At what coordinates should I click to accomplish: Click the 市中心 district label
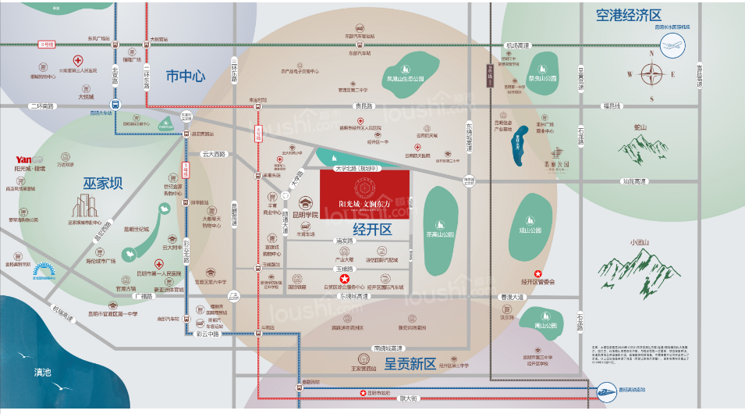(x=185, y=76)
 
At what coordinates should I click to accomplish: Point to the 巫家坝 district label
(x=102, y=184)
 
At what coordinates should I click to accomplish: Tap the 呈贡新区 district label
(x=410, y=364)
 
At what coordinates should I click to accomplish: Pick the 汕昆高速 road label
(x=633, y=181)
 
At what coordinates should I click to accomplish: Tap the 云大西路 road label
(x=212, y=155)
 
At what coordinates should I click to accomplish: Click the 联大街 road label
(x=409, y=398)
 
